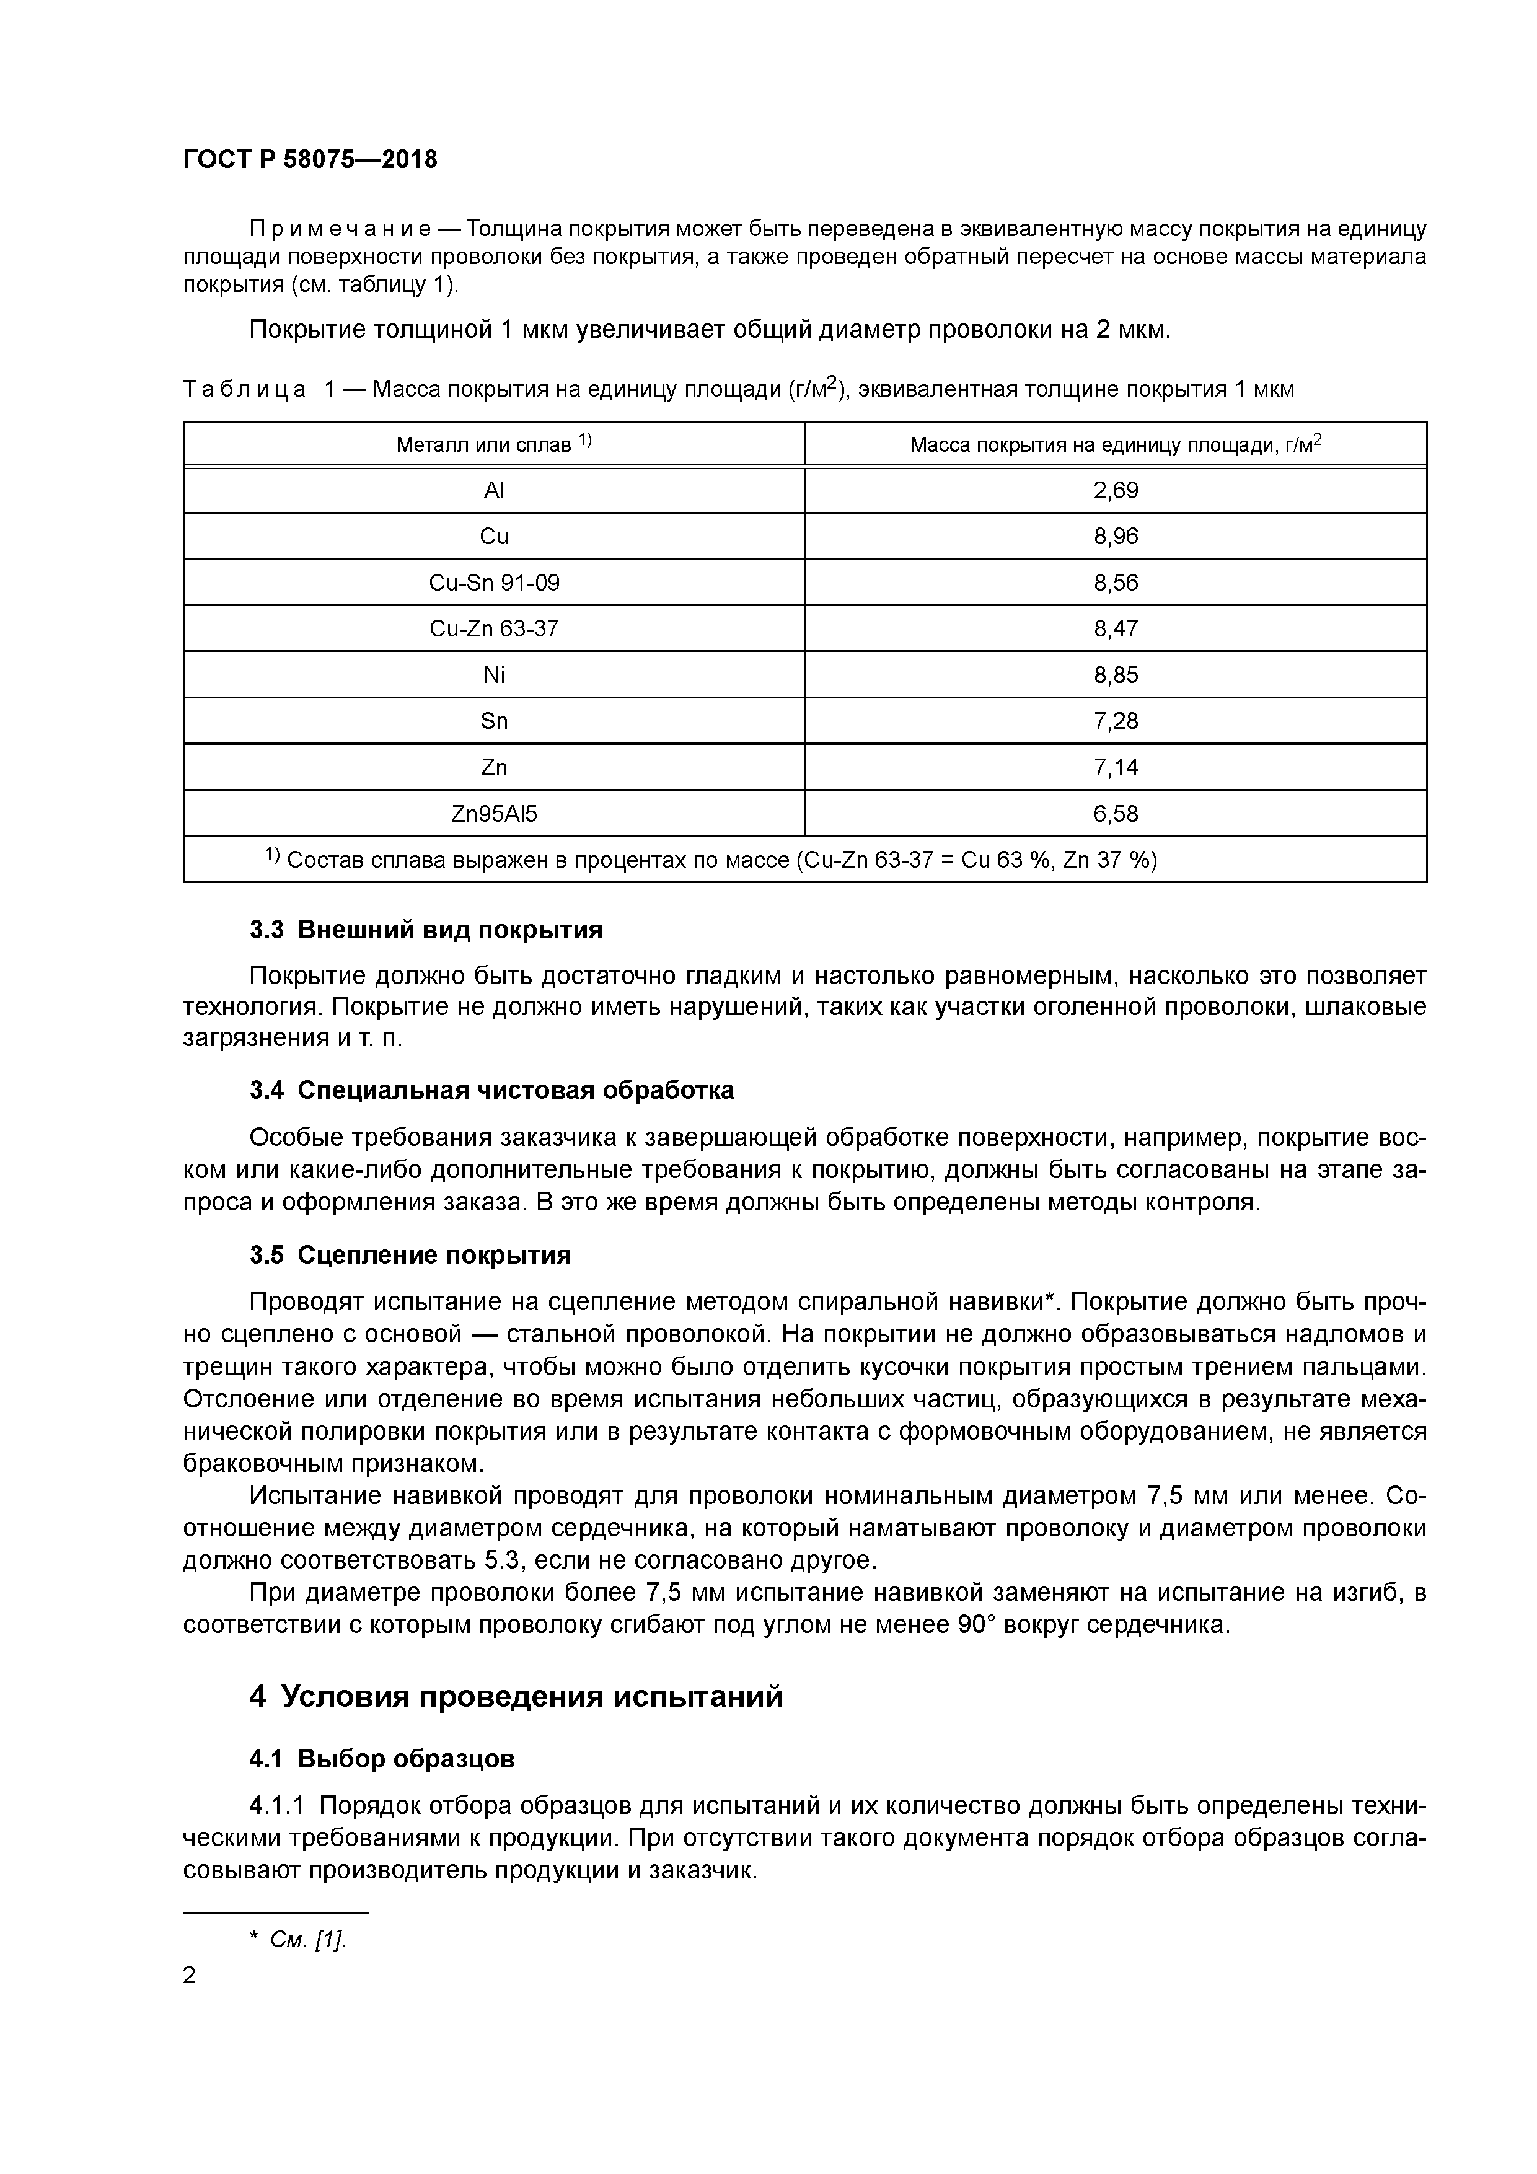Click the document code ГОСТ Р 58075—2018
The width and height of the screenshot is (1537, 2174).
(310, 159)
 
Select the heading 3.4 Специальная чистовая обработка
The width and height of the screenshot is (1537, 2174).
(491, 1091)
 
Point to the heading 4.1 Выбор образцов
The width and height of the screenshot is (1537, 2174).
(382, 1759)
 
